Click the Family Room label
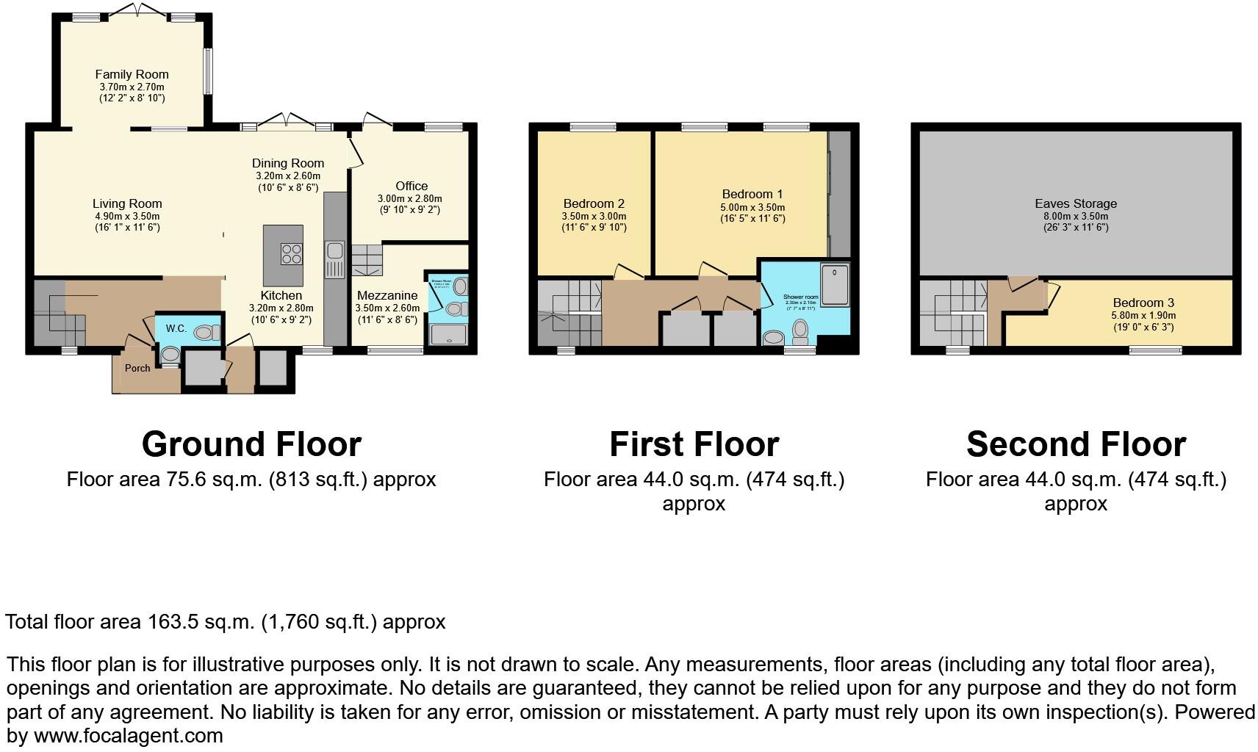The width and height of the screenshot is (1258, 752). [x=132, y=74]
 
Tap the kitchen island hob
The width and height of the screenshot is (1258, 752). [x=292, y=254]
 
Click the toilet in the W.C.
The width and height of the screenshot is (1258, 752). [x=206, y=333]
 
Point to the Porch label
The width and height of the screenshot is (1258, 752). [x=137, y=368]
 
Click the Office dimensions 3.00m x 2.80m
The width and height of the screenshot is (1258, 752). [x=410, y=198]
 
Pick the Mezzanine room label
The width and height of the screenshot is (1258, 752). [x=387, y=296]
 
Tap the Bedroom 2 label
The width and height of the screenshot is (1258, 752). [x=594, y=203]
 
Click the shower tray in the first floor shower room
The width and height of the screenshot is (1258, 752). [x=835, y=285]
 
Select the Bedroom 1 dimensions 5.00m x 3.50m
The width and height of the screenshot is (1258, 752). [x=752, y=207]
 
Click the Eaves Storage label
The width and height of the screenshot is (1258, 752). [x=1076, y=203]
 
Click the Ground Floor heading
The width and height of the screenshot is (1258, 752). [x=251, y=444]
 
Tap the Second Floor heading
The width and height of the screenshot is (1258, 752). [x=1076, y=444]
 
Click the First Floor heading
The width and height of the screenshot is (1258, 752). [x=694, y=444]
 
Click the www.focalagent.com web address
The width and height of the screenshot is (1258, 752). [x=129, y=735]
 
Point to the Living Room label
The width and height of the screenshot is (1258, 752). [x=127, y=203]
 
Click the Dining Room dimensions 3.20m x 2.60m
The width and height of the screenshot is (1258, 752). [x=288, y=176]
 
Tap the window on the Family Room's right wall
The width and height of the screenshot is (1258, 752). [x=208, y=71]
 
